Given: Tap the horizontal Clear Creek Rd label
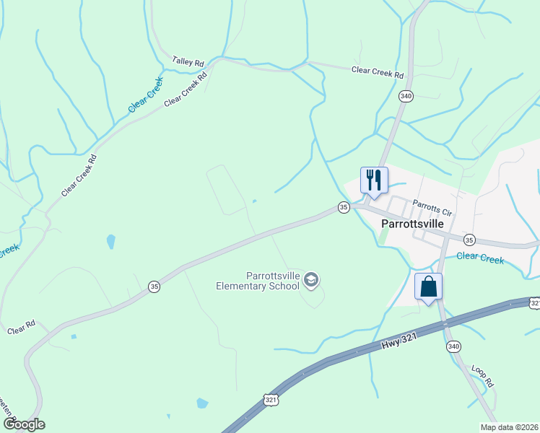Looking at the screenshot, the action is [x=377, y=71].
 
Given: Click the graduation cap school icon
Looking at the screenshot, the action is [x=311, y=280].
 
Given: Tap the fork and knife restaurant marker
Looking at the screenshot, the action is [x=374, y=180].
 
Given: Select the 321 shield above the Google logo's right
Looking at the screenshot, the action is [x=270, y=399].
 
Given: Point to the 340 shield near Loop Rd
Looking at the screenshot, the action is [x=453, y=346].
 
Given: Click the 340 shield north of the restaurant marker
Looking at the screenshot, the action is [x=406, y=96].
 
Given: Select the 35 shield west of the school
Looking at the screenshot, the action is [x=154, y=287].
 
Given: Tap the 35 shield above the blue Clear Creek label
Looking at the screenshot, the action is [x=469, y=240].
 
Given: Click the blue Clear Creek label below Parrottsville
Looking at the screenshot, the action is [x=479, y=257].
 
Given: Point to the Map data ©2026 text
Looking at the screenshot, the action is [x=509, y=427].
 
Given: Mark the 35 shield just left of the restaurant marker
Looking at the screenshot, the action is [x=344, y=207].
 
